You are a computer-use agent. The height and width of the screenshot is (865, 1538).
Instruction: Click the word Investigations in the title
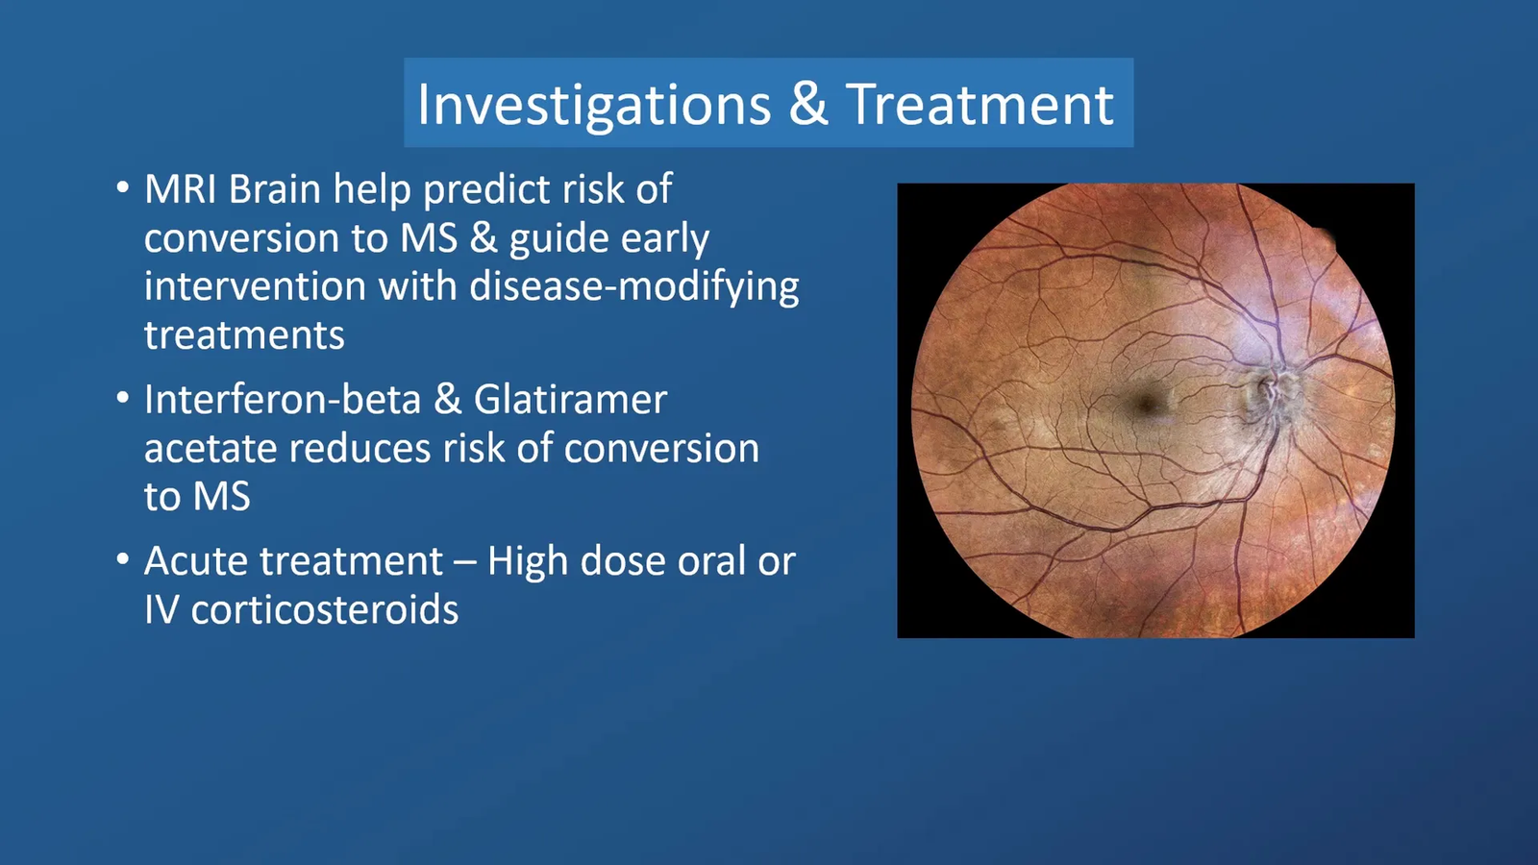594,105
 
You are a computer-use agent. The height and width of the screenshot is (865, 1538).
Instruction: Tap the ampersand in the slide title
808,104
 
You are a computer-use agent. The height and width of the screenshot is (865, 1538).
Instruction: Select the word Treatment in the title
980,104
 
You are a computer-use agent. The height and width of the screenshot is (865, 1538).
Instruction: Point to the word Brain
274,188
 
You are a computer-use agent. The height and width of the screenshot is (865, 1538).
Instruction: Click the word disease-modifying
634,287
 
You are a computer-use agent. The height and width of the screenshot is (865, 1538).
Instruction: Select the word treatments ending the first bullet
244,335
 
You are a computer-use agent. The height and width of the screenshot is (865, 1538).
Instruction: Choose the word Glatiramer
571,399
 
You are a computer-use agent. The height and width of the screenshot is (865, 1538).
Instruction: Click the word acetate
211,448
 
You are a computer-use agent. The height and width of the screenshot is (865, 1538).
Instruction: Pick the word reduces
360,448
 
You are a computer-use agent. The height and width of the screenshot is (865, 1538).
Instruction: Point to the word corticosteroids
324,609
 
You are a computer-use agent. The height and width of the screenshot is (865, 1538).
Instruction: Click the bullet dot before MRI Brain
123,188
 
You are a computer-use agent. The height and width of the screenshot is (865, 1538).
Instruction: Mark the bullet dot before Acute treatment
123,559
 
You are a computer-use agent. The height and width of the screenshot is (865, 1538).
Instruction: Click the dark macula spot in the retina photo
1145,404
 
